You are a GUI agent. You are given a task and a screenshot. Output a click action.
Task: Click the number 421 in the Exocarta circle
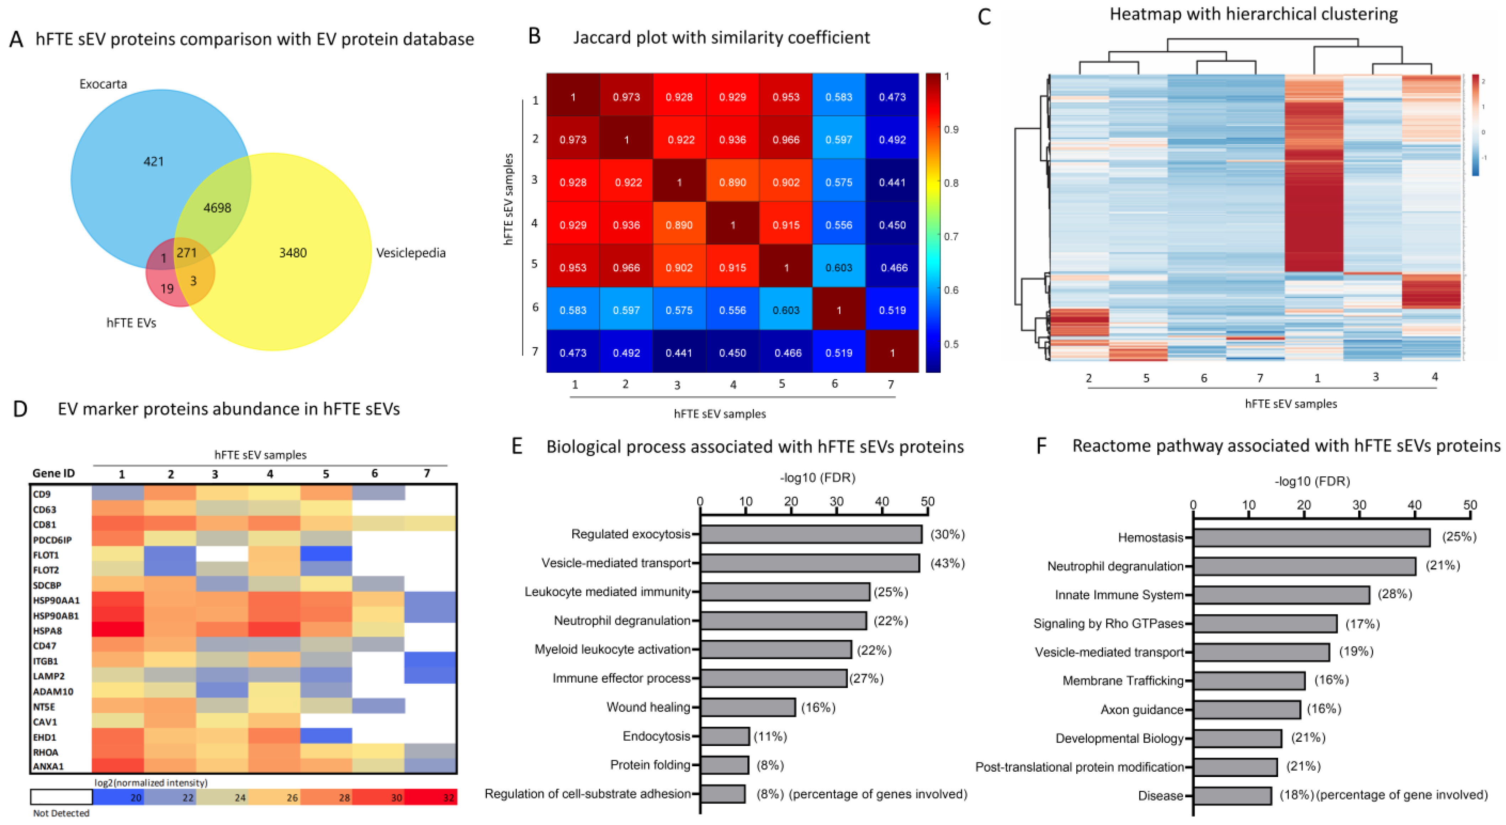[x=154, y=162]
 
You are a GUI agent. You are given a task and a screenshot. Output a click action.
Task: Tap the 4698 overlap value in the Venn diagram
[x=217, y=207]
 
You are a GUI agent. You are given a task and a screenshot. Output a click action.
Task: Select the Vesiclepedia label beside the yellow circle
[x=410, y=253]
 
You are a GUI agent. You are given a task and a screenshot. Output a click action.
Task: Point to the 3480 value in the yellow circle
[x=292, y=253]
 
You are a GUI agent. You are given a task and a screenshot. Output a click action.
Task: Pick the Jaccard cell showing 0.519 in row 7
[x=838, y=353]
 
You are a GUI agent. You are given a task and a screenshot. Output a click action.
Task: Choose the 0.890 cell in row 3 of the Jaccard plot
[x=732, y=182]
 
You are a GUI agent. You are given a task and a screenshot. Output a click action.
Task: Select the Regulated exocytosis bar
[x=811, y=534]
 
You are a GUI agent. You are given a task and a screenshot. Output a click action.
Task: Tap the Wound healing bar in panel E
[x=748, y=707]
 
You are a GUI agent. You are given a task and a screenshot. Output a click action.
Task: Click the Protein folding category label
[x=649, y=765]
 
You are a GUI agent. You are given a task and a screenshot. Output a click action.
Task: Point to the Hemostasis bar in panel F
[x=1311, y=537]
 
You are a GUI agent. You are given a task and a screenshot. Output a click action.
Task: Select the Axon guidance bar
[x=1246, y=709]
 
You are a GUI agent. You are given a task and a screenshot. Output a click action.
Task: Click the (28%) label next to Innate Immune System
[x=1394, y=594]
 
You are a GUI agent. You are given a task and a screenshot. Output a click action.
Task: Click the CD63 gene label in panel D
[x=44, y=509]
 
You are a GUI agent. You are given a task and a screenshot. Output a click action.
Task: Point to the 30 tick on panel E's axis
[x=837, y=502]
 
